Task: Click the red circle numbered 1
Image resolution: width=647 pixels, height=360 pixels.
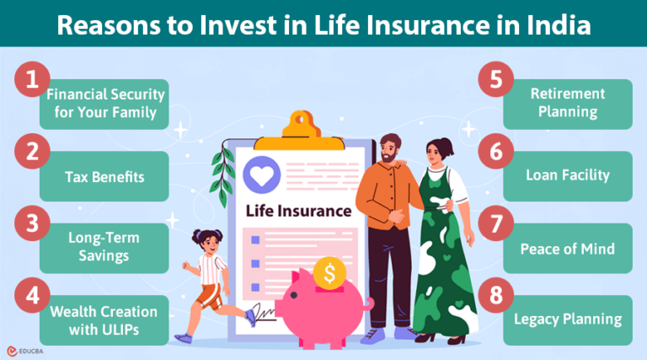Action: pos(31,80)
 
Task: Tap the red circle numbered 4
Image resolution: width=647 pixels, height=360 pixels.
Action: pos(31,296)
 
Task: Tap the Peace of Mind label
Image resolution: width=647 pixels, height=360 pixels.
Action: pos(566,249)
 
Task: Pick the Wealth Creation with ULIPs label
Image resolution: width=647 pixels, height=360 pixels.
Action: pos(103,320)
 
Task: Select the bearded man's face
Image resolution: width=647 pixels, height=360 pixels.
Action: pos(388,150)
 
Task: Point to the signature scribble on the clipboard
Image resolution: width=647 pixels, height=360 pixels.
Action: pos(264,314)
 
